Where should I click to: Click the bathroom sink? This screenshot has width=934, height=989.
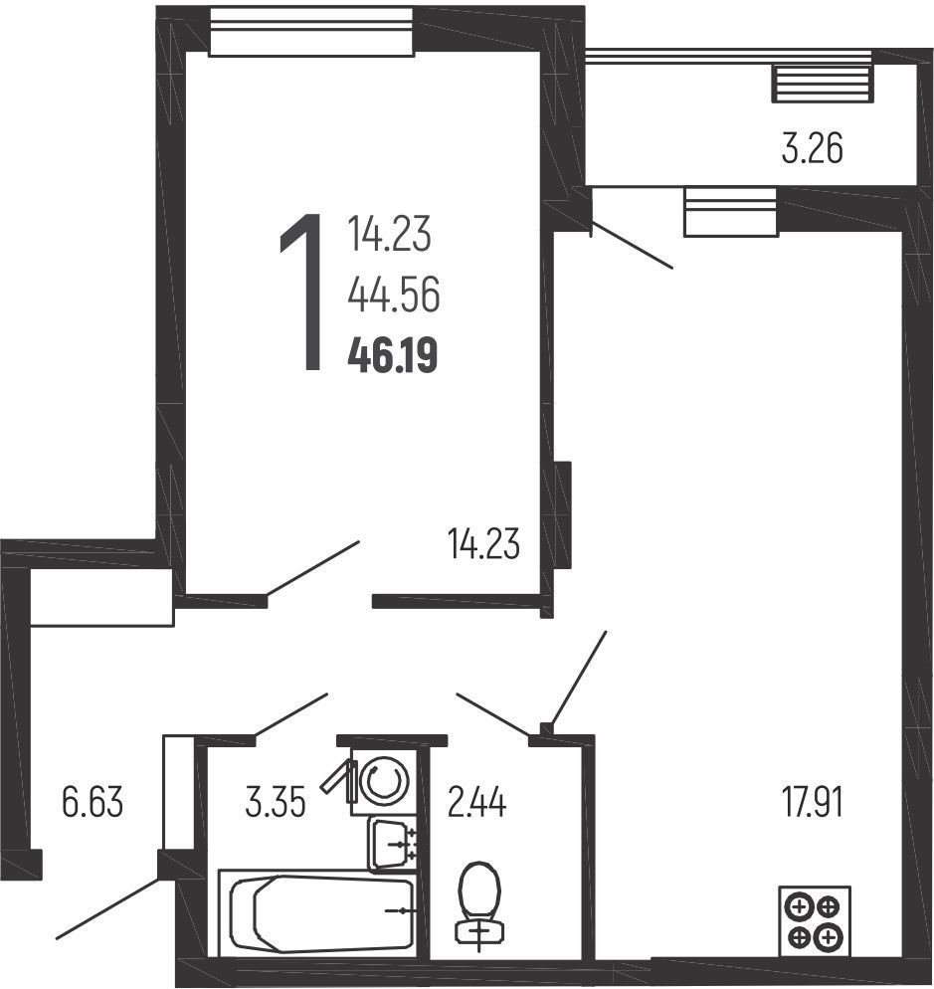click(x=392, y=844)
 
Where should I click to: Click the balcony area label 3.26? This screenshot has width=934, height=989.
click(x=813, y=149)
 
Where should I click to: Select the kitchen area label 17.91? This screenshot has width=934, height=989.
click(x=813, y=802)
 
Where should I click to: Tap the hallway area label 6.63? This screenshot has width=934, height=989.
click(x=93, y=802)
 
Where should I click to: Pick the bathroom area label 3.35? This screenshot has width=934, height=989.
click(x=276, y=802)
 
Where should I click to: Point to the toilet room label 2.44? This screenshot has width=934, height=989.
click(x=476, y=802)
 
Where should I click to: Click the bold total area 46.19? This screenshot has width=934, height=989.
click(x=392, y=356)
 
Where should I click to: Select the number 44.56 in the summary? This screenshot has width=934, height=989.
click(x=394, y=296)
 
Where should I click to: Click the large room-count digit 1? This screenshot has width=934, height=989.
click(x=302, y=293)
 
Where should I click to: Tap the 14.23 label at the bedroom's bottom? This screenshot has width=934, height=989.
click(x=483, y=544)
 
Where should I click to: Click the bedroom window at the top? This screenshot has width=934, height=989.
click(x=311, y=33)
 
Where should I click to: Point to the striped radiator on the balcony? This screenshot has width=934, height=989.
click(x=823, y=84)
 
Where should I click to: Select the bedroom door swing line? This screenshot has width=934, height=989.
click(x=312, y=568)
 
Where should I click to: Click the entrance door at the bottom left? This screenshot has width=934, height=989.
click(x=107, y=907)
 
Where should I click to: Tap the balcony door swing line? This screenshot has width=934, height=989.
click(x=632, y=244)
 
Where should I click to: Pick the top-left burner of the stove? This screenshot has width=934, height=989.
click(x=799, y=908)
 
